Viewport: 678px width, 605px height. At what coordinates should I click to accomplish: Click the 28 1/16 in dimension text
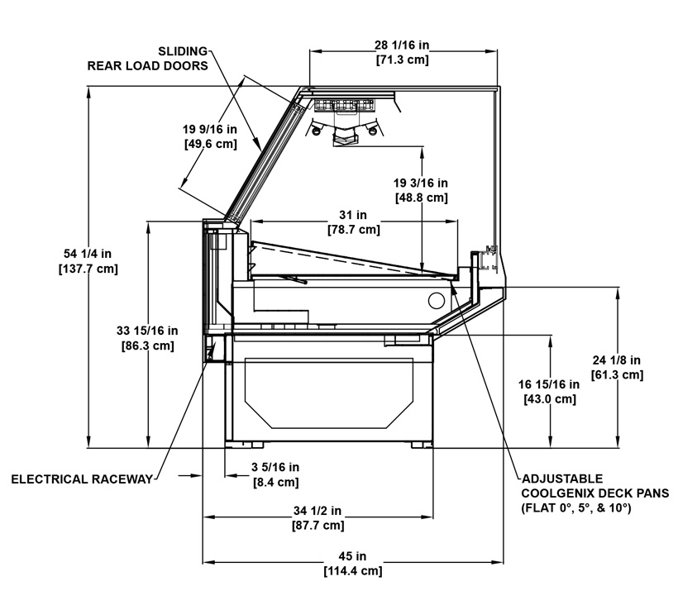pos(402,45)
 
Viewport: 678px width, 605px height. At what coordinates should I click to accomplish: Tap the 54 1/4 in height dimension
pos(88,254)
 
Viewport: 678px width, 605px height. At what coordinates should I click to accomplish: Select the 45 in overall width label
pos(352,556)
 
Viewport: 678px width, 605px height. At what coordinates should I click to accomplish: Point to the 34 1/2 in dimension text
pos(318,511)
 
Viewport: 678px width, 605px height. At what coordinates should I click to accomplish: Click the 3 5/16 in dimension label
pos(275,467)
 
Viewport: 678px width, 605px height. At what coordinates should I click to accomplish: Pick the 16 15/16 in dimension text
pos(549,384)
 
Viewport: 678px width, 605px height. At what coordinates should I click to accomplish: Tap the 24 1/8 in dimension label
pos(617,360)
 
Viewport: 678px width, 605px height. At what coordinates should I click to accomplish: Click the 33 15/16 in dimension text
pos(147,331)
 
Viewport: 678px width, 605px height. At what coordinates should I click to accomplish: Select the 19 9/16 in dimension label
pos(210,129)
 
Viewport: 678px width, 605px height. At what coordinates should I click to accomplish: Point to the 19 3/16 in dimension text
pos(420,183)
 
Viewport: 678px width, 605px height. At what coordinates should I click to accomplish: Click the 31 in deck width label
pos(353,215)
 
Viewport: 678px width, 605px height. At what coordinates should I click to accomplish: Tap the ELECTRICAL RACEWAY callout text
pos(82,479)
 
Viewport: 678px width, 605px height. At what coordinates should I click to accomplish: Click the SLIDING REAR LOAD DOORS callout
pos(148,59)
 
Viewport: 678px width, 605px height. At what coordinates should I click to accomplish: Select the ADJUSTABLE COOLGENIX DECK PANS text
pos(595,486)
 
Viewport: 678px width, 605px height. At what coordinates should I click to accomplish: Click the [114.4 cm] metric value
pos(353,571)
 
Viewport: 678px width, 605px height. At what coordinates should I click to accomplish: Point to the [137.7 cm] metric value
pos(88,269)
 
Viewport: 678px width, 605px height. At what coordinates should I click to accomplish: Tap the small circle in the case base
pos(437,300)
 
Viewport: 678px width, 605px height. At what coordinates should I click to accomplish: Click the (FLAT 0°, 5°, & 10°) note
pos(576,507)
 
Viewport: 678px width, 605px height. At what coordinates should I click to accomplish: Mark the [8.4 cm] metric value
pos(275,482)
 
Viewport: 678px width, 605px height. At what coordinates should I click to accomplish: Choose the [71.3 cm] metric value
pos(402,60)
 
